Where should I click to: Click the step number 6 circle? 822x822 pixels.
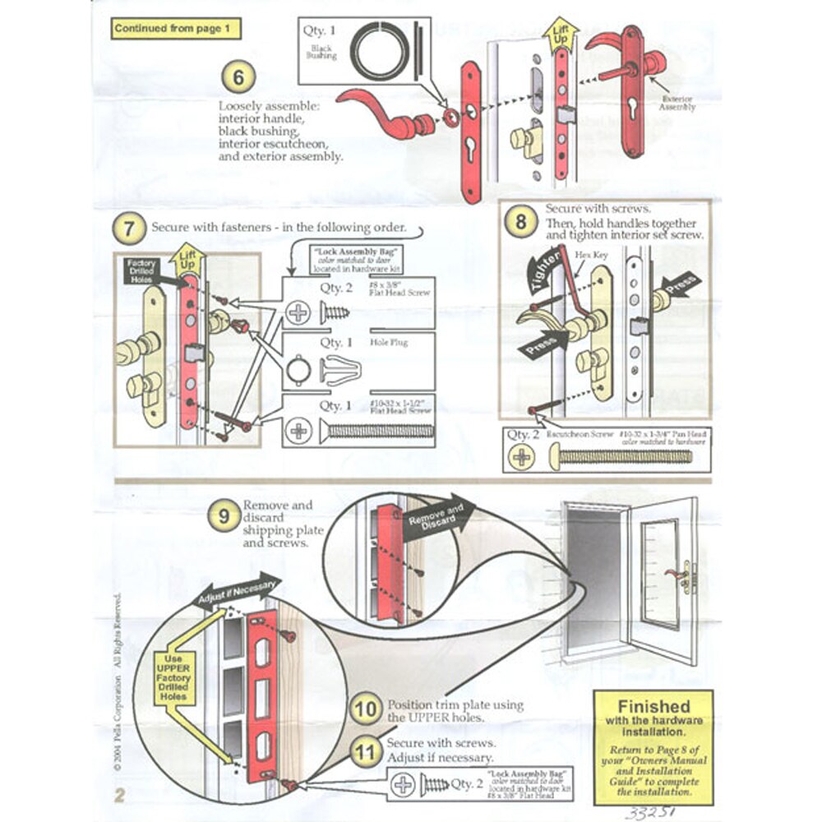point(238,78)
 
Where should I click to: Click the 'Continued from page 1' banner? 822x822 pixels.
point(177,29)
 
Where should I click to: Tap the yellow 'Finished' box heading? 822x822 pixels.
point(653,706)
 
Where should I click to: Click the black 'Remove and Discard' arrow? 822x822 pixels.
point(434,519)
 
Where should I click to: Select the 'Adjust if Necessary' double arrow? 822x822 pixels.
point(238,589)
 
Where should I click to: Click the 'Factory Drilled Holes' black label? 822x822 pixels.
point(142,272)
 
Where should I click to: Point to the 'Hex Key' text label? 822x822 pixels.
point(598,255)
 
